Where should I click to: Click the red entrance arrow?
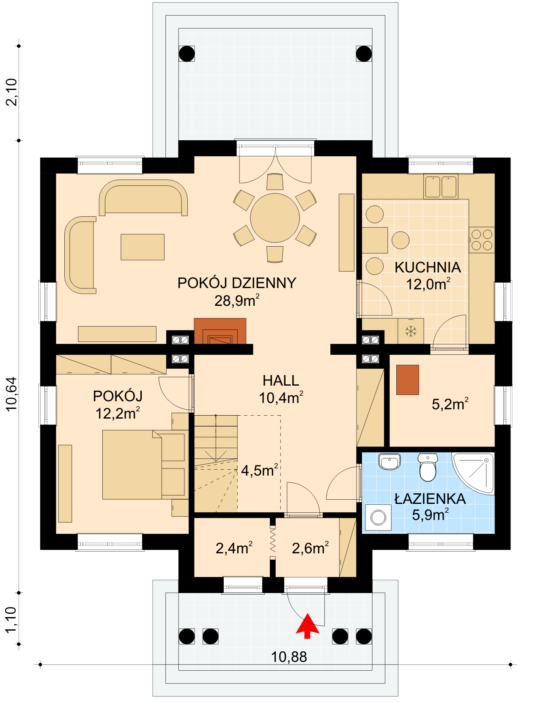tap(307, 626)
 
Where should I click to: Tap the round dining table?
tap(274, 218)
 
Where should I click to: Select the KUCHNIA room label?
tap(428, 267)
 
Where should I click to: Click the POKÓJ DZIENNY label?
tap(237, 283)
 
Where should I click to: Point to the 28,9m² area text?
tap(237, 300)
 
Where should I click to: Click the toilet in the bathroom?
tap(428, 467)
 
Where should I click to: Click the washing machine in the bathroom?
tap(378, 517)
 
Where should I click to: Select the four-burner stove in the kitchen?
tap(482, 240)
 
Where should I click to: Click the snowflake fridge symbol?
tap(411, 331)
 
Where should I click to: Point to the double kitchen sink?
tap(441, 186)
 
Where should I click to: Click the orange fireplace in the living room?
tap(220, 331)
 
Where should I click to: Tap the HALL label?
tap(281, 381)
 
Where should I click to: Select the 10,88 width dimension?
tap(288, 657)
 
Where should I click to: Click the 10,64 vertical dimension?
tap(12, 394)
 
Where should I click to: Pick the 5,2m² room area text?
tap(450, 404)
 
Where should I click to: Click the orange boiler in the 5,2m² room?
tap(408, 380)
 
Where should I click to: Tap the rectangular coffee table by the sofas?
tap(143, 247)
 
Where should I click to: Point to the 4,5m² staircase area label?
tap(259, 470)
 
